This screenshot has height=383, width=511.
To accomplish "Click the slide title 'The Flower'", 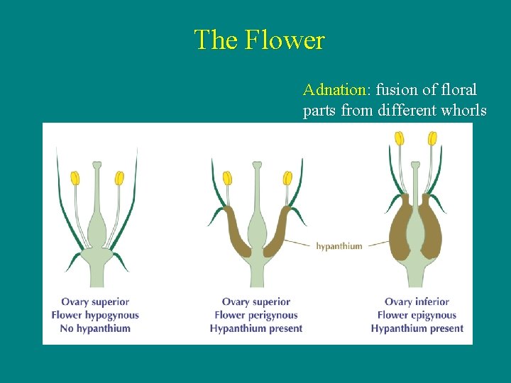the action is click(259, 40).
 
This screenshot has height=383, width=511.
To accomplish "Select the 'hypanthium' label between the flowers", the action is click(339, 246).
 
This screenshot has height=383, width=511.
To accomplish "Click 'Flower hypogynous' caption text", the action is click(95, 315).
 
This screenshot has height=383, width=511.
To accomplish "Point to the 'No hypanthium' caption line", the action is click(95, 328).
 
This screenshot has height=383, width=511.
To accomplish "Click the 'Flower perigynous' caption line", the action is click(256, 315).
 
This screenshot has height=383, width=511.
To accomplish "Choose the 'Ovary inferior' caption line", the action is click(417, 301).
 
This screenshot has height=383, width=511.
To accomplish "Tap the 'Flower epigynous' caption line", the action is click(417, 315).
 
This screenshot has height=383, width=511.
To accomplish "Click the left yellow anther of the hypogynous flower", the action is click(75, 178).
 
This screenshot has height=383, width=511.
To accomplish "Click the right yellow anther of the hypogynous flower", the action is click(119, 178).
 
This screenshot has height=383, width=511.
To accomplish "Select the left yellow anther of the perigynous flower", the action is click(227, 178).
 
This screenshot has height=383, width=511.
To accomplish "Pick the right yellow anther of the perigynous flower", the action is click(287, 178).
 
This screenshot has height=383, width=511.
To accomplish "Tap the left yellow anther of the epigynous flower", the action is click(400, 138).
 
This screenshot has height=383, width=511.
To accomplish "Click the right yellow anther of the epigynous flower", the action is click(432, 138).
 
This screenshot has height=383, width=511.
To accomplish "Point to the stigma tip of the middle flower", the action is click(257, 166).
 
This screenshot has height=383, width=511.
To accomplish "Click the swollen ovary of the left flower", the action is click(96, 231).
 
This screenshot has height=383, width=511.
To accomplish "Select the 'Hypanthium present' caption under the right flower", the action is click(417, 328).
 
